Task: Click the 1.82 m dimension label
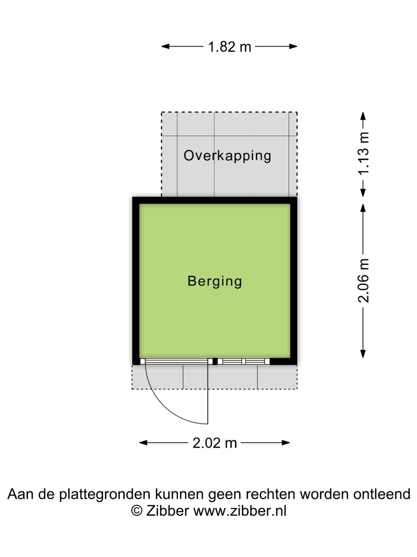(229, 47)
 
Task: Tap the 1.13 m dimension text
(363, 153)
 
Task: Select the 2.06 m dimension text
(363, 280)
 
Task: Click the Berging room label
(215, 282)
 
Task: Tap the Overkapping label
(227, 156)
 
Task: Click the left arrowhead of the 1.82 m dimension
(165, 46)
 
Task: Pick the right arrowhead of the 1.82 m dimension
(293, 46)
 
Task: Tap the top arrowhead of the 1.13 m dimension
(363, 116)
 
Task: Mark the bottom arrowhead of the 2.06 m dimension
(363, 354)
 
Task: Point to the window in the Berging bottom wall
(244, 361)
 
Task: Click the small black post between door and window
(215, 361)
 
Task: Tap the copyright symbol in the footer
(137, 511)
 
